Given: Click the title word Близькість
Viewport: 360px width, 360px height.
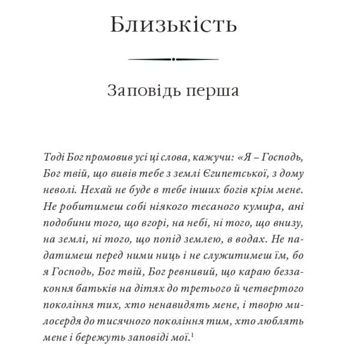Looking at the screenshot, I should coord(173,26).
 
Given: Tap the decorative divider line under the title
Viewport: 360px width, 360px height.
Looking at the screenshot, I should coord(173,59).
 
